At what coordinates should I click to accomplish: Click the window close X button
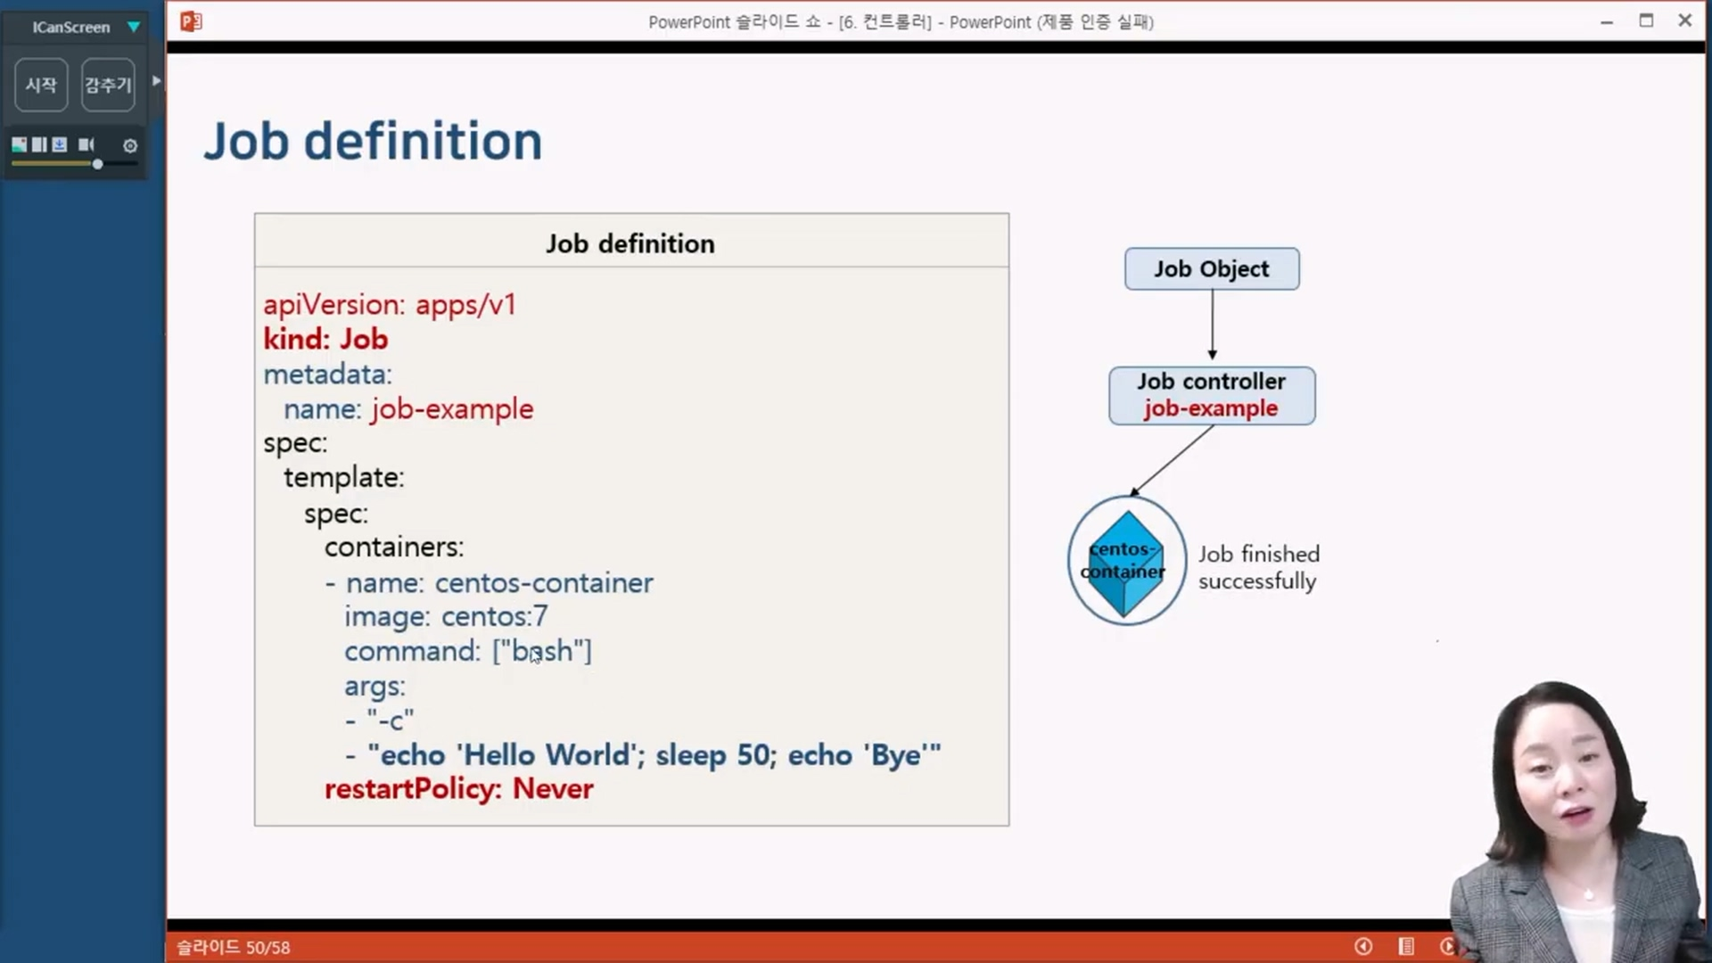pyautogui.click(x=1684, y=21)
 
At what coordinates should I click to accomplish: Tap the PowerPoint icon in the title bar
pyautogui.click(x=191, y=21)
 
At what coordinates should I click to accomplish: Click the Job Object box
pyautogui.click(x=1212, y=268)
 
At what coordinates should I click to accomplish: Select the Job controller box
pyautogui.click(x=1212, y=395)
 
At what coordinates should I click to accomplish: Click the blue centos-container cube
pyautogui.click(x=1126, y=563)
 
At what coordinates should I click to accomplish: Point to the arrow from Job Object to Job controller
pyautogui.click(x=1212, y=324)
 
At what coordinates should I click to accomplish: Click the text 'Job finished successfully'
pyautogui.click(x=1258, y=567)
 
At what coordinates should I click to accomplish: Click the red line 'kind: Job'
pyautogui.click(x=325, y=339)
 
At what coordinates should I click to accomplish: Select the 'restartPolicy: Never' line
pyautogui.click(x=459, y=789)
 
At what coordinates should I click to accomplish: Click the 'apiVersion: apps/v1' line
pyautogui.click(x=390, y=305)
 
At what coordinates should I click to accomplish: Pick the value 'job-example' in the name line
pyautogui.click(x=453, y=409)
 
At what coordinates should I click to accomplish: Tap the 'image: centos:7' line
pyautogui.click(x=446, y=616)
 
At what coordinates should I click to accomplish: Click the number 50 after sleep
pyautogui.click(x=753, y=755)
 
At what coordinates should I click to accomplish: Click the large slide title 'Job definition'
pyautogui.click(x=373, y=141)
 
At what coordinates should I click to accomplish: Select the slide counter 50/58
pyautogui.click(x=268, y=947)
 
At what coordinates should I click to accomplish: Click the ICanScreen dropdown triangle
pyautogui.click(x=134, y=27)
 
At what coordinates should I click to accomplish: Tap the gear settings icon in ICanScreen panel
pyautogui.click(x=130, y=145)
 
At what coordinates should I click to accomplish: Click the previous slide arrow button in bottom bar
pyautogui.click(x=1363, y=946)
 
